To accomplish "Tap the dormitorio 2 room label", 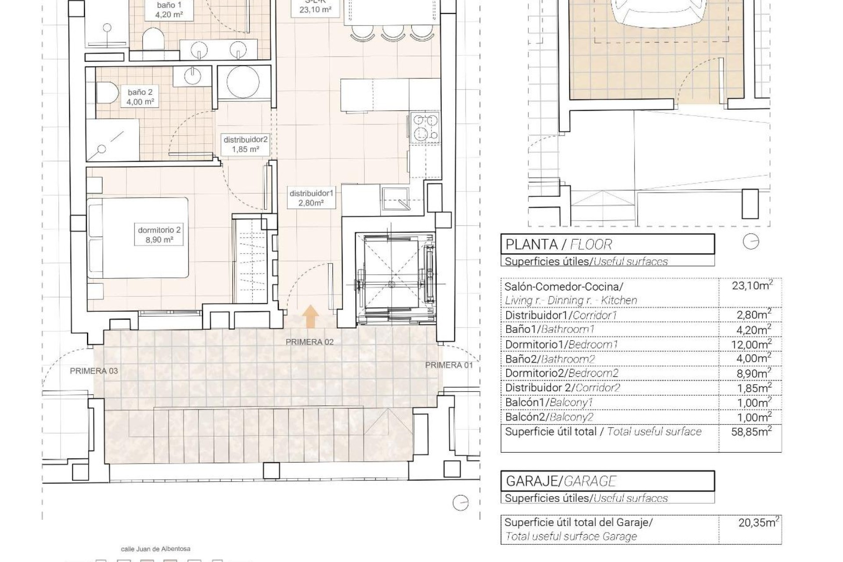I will coord(159,234).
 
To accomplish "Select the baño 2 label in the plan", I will coord(140,97).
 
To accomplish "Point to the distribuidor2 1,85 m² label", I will coord(245,144).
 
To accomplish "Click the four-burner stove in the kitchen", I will coord(425,127).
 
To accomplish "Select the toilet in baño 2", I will coord(107,94).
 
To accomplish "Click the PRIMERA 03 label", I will coord(94,371).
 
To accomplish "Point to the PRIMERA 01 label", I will coord(449,365).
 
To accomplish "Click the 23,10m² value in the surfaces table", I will coord(752,286).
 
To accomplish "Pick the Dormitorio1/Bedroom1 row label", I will coord(561,344).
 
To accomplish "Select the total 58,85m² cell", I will coord(751,432).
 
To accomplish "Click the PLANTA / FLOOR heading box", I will coord(607,244).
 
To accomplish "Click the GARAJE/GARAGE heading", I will coord(607,481).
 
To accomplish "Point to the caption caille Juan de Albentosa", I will coord(155,549).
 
